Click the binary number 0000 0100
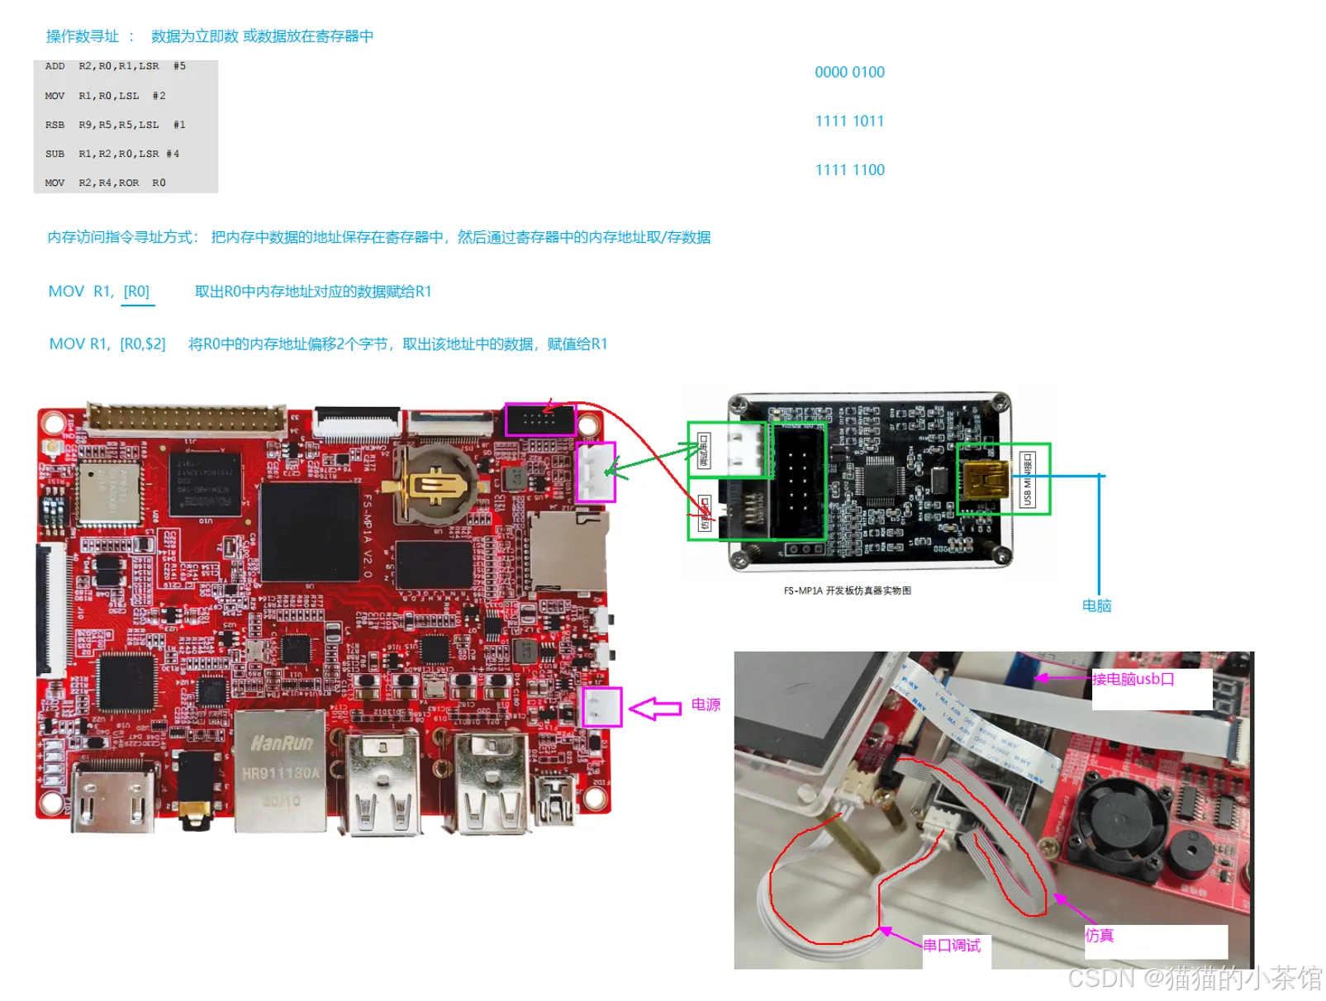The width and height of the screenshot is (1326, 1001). (849, 73)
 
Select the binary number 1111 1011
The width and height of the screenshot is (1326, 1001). (849, 121)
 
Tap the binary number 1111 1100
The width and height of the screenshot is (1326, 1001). (849, 170)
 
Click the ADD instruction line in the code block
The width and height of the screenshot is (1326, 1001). (115, 66)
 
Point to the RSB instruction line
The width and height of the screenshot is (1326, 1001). (115, 125)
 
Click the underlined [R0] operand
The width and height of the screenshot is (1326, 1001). (136, 292)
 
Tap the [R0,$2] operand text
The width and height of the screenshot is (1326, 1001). (143, 344)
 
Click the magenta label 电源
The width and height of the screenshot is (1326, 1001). (706, 704)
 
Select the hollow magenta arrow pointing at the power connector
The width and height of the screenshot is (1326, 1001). (654, 709)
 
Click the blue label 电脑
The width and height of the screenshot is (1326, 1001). (1096, 606)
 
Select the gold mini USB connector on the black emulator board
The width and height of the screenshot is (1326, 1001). (985, 481)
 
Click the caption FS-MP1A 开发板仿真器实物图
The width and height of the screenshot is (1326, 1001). (847, 591)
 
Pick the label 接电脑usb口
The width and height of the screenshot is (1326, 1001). (1133, 680)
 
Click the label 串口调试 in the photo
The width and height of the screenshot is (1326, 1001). (952, 946)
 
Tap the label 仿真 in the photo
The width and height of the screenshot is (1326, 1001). (1100, 936)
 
